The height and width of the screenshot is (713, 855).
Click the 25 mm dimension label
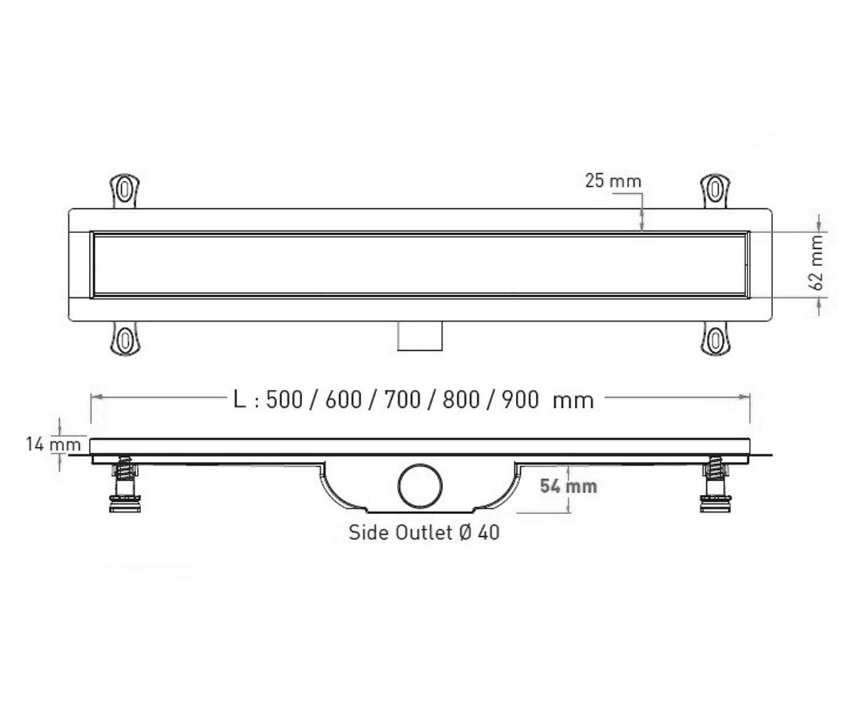[613, 181]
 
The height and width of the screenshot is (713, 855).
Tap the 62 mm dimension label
[817, 262]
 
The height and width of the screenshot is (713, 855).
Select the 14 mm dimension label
[53, 444]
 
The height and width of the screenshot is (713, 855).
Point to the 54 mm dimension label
[569, 486]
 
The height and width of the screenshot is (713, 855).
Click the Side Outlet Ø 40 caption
[424, 533]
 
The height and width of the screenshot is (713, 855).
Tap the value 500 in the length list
[284, 399]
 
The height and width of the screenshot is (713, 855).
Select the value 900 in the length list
[520, 399]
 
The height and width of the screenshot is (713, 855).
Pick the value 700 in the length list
[403, 399]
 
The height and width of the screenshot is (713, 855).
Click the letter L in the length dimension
[239, 399]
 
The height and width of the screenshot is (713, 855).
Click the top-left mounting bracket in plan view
[125, 191]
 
